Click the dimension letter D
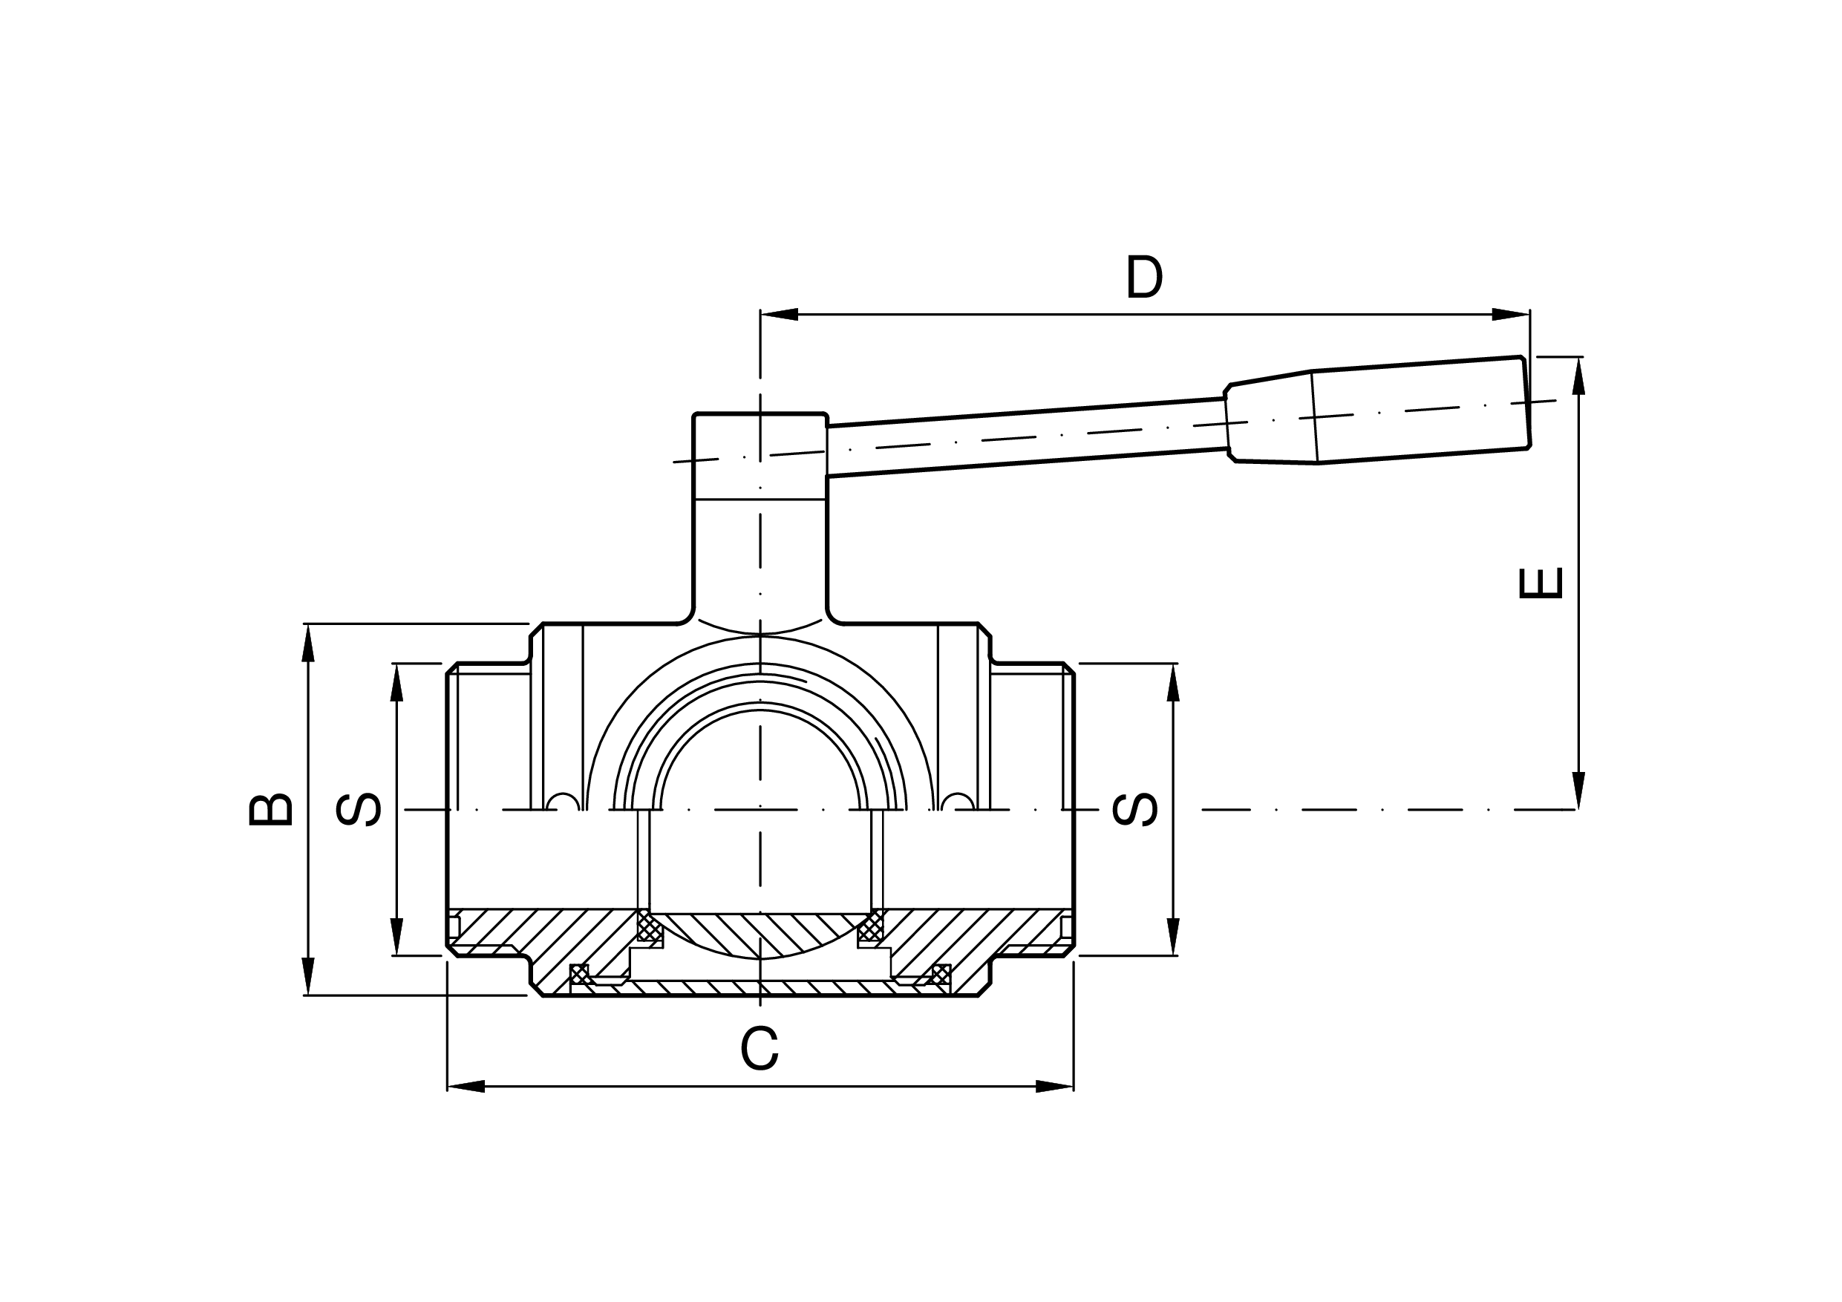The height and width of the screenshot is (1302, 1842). tap(1144, 277)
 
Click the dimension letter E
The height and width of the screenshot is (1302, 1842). tap(1541, 583)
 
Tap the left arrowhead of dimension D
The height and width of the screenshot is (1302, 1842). tap(779, 315)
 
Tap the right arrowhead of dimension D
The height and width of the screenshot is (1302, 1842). tap(1511, 315)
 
